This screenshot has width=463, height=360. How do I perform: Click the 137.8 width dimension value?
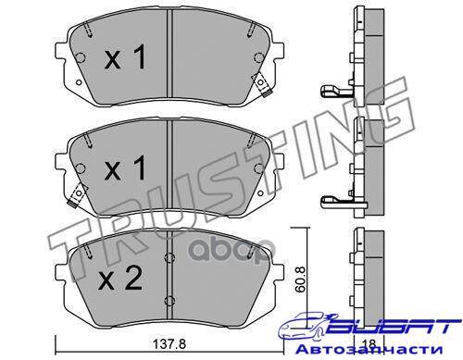169,343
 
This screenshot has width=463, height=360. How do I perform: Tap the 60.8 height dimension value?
300,279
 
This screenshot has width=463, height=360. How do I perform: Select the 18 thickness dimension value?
369,343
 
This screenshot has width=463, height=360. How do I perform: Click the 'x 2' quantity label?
119,279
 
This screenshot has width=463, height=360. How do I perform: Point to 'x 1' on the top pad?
125,56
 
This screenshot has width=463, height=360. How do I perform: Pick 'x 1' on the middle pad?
125,168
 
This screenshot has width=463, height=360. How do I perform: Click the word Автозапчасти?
369,350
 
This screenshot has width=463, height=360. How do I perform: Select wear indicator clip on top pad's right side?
261,84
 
